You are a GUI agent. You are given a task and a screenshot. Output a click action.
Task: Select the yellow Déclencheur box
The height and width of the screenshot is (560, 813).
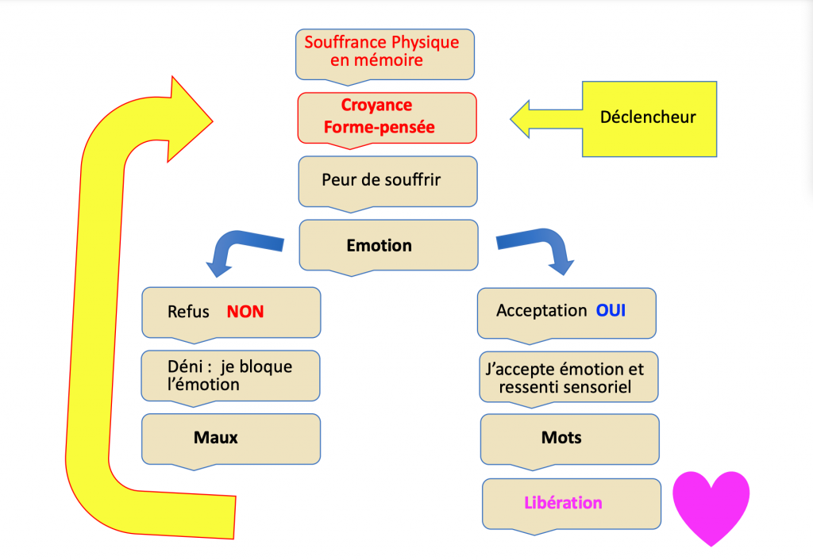click(649, 118)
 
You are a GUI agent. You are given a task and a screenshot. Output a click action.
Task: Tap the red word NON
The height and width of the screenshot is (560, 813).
click(245, 313)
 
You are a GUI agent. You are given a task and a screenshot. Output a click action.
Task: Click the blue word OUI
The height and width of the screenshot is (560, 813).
click(611, 311)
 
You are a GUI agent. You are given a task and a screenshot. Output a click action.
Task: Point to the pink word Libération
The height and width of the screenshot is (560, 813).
click(563, 503)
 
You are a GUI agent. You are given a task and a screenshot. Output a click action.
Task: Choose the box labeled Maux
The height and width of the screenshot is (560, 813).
click(231, 438)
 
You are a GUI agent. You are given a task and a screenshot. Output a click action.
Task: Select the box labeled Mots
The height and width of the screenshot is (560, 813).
click(569, 439)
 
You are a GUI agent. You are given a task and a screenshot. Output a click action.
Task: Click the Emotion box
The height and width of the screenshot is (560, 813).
click(388, 245)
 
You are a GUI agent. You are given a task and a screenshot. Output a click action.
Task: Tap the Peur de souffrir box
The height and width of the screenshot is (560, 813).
click(387, 181)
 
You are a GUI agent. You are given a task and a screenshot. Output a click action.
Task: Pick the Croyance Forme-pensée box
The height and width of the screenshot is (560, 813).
click(387, 116)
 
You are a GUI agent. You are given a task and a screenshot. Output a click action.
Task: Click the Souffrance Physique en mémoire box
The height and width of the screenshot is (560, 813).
click(385, 52)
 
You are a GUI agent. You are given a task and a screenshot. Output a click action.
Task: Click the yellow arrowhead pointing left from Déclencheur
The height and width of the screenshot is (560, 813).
click(528, 118)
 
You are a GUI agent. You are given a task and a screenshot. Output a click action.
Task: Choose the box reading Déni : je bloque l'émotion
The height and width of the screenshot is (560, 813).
click(231, 375)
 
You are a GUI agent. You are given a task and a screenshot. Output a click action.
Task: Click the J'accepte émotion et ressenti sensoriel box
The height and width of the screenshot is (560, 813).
click(569, 377)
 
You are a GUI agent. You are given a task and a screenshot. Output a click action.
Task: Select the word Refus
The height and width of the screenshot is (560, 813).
click(188, 313)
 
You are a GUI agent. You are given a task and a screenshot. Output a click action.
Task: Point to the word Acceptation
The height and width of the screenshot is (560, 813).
click(541, 311)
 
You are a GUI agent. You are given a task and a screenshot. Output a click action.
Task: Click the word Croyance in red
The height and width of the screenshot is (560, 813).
click(376, 105)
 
